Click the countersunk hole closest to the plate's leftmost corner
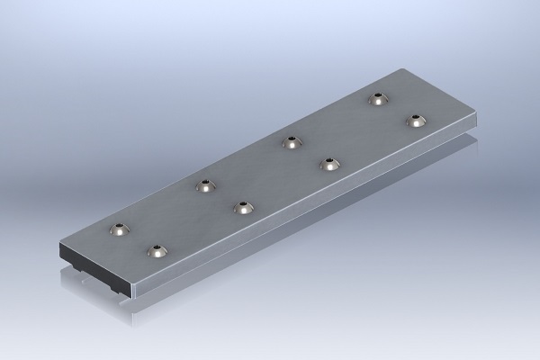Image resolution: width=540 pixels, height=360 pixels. pyautogui.click(x=120, y=230)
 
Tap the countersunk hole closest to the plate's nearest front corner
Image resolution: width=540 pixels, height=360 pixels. pyautogui.click(x=159, y=251)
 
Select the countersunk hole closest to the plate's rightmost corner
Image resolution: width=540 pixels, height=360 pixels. pyautogui.click(x=415, y=121)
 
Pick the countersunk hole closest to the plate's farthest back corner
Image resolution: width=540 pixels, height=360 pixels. pyautogui.click(x=378, y=99)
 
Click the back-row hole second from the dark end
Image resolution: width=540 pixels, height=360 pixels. pyautogui.click(x=206, y=186)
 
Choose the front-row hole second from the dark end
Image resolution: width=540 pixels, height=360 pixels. pyautogui.click(x=243, y=208)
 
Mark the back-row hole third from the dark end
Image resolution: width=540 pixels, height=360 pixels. pyautogui.click(x=291, y=141)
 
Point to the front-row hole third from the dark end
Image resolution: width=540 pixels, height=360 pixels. pyautogui.click(x=330, y=164)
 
